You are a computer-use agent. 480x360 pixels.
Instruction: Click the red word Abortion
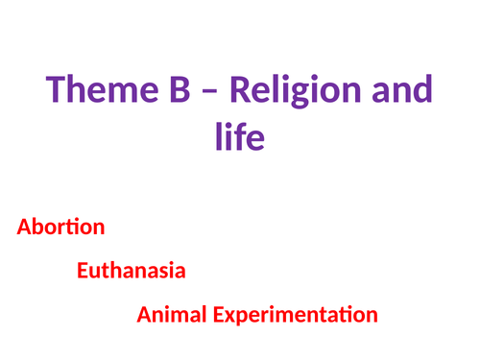tap(60, 228)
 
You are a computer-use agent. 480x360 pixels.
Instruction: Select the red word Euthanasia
tap(132, 270)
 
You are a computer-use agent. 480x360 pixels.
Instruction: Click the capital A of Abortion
tap(23, 228)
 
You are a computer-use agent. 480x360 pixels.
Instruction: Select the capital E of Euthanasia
tap(82, 270)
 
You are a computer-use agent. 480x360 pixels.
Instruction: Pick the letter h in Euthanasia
tap(113, 270)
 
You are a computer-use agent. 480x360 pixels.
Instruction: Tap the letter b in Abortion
tap(36, 228)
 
